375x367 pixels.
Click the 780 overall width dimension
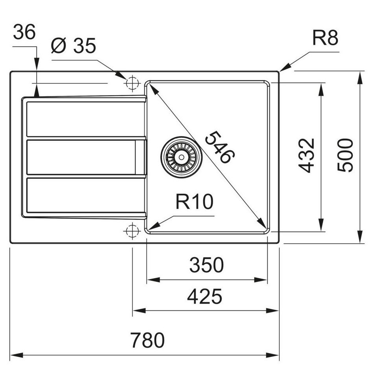coord(147,340)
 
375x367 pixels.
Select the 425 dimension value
coord(204,297)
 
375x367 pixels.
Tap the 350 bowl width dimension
coord(206,265)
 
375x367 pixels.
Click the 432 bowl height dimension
coord(306,155)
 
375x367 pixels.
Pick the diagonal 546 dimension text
coord(220,147)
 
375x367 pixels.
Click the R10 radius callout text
coord(194,202)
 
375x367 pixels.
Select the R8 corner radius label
coord(325,38)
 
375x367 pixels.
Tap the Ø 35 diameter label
coord(74,45)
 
